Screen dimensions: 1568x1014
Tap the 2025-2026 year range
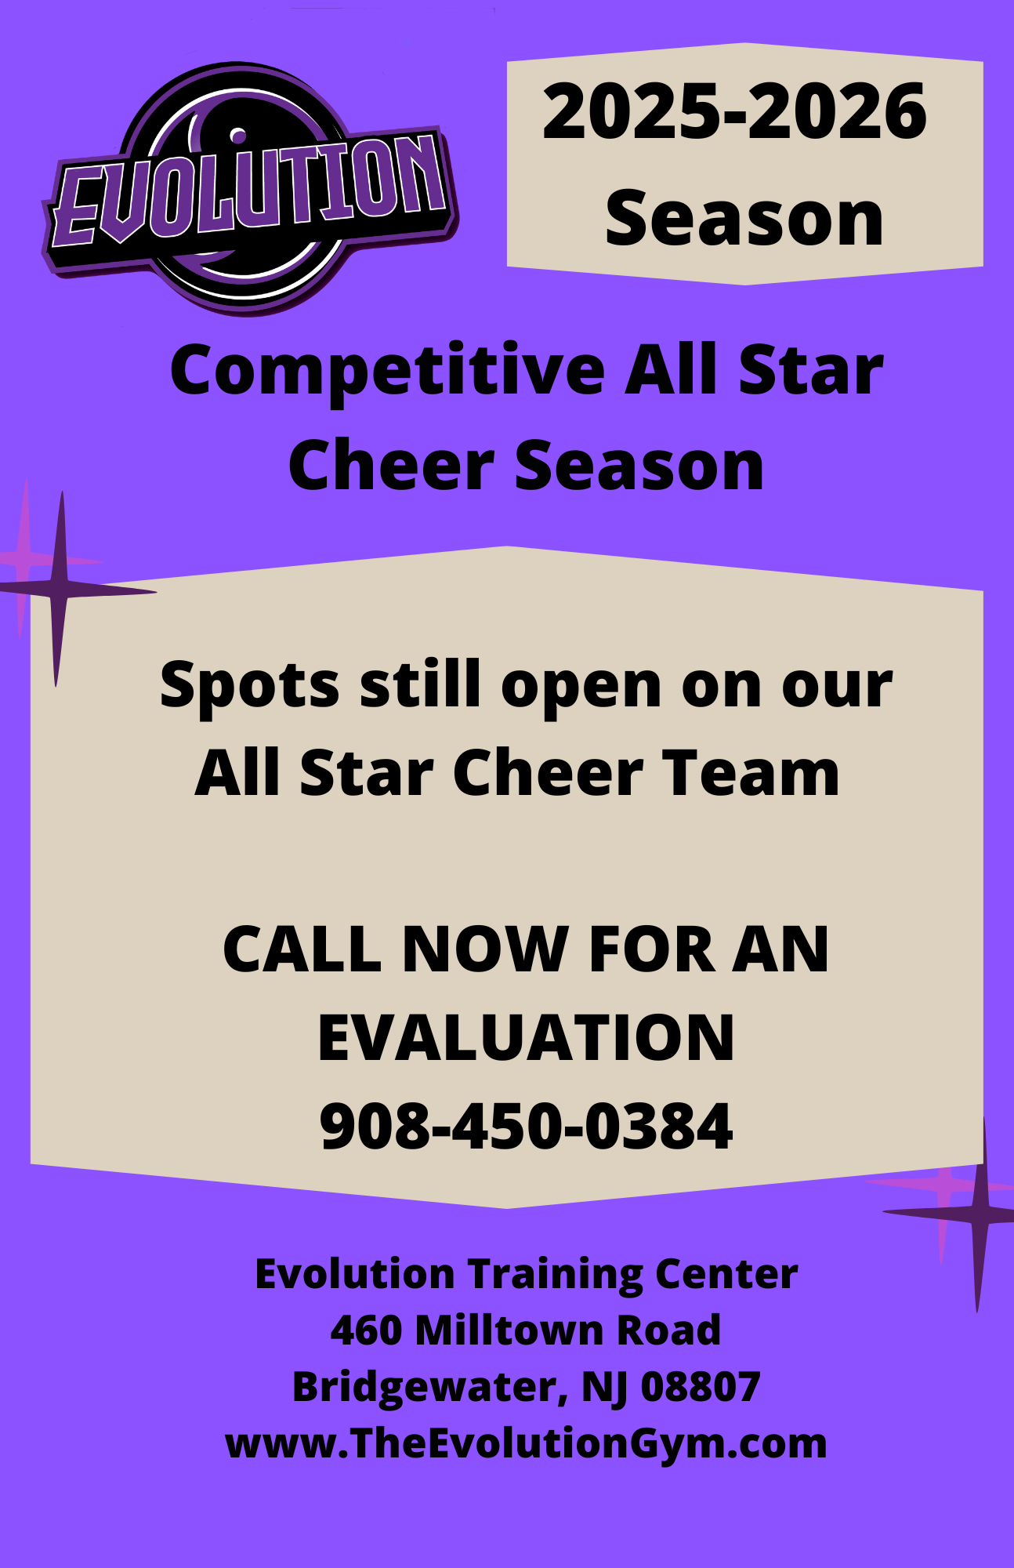point(734,112)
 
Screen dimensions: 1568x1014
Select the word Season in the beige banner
point(744,220)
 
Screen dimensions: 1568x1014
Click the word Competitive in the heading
point(387,372)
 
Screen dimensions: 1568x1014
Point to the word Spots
point(249,685)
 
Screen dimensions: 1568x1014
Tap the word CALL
point(302,949)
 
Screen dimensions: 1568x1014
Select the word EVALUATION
point(526,1038)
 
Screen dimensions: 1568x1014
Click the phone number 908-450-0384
point(526,1127)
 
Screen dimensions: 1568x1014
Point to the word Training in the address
point(555,1274)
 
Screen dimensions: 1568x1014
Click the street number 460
point(365,1330)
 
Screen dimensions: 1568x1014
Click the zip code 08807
point(701,1387)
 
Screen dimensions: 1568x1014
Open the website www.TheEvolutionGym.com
point(526,1443)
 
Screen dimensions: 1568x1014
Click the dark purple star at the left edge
point(60,590)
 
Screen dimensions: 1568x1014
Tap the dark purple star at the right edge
point(979,1214)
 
